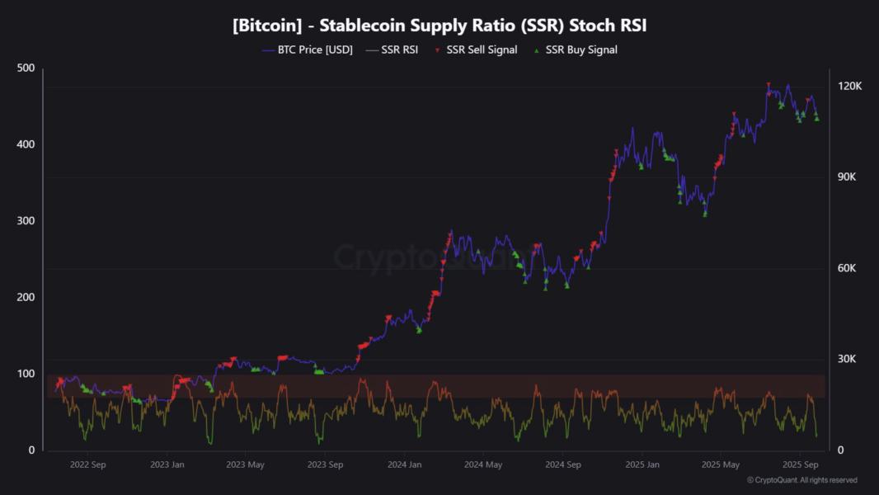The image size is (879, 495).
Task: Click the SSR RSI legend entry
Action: coord(399,49)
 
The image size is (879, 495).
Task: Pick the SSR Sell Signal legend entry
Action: coord(482,49)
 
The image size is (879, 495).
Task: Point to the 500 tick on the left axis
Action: coord(26,68)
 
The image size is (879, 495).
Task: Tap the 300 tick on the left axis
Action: coord(26,221)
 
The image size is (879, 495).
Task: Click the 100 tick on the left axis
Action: coord(26,374)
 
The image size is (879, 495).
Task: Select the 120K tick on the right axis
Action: coord(849,86)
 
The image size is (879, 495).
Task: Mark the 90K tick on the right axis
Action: coord(849,177)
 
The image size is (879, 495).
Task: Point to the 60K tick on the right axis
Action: coord(849,268)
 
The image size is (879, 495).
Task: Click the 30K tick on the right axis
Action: coord(849,359)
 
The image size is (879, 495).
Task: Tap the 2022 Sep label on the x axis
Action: coord(87,464)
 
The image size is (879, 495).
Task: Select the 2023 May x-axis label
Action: coord(245,464)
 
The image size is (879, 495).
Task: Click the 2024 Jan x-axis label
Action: coord(405,464)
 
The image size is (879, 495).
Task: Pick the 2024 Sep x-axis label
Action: coord(563,464)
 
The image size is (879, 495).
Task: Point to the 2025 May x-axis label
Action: coord(721,464)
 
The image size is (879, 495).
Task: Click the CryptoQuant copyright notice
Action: coord(801,480)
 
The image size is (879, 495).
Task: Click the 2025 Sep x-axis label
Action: coord(800,464)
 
